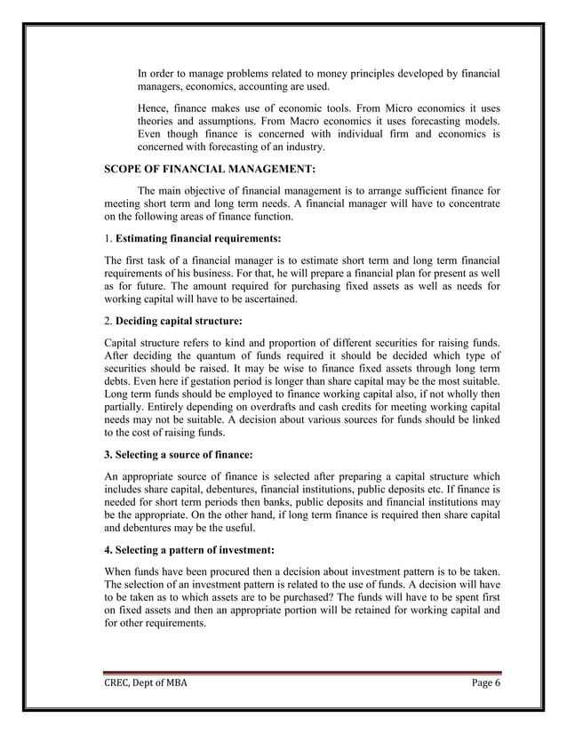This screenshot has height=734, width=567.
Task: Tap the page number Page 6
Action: [485, 682]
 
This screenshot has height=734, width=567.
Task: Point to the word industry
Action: [305, 146]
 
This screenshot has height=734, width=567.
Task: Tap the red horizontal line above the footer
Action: [302, 672]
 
